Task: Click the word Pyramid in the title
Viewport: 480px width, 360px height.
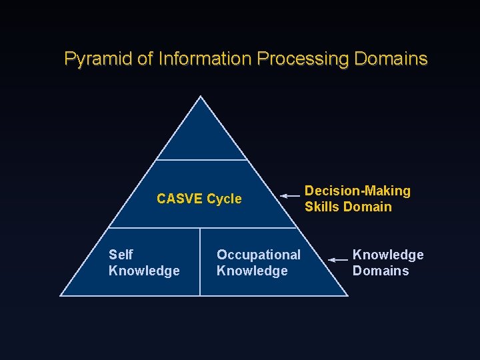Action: point(98,59)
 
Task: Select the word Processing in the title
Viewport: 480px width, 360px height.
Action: point(303,59)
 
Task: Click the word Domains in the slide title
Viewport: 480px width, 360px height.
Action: point(391,59)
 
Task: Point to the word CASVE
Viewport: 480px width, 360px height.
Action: point(180,199)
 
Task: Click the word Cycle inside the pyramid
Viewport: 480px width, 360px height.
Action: point(225,199)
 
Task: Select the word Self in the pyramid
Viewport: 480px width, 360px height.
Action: point(121,255)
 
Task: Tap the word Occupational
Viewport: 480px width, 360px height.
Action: point(259,255)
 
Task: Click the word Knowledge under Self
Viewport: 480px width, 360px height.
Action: point(144,271)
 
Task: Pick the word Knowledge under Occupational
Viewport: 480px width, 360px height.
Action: point(252,271)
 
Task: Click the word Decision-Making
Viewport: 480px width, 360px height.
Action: point(357,191)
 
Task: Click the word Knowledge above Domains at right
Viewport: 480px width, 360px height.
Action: point(388,255)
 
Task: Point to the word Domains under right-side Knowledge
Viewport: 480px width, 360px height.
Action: point(381,271)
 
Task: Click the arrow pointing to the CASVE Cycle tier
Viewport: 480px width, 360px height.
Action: point(290,196)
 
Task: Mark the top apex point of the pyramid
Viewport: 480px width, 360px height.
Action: point(201,97)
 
